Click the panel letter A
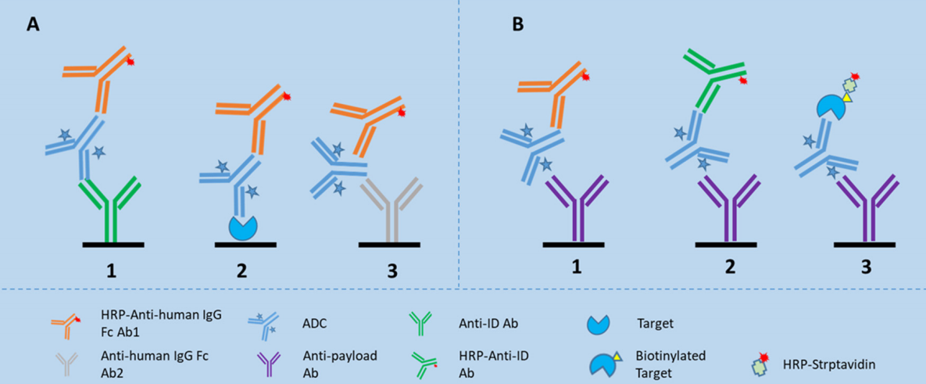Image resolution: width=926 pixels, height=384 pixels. [x=33, y=25]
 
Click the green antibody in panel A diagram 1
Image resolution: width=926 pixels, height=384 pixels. [x=114, y=206]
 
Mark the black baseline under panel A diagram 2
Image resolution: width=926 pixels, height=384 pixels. [x=244, y=245]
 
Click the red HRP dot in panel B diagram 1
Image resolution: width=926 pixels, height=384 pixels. [x=585, y=77]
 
